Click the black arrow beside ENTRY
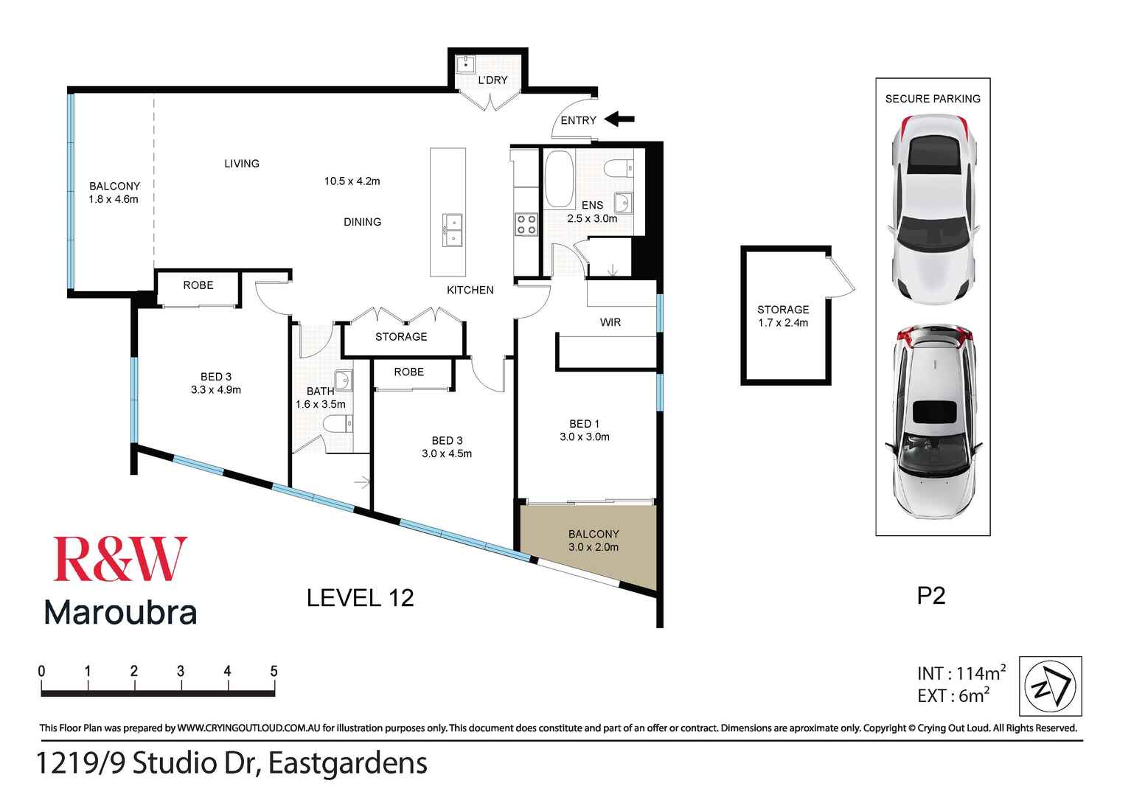pyautogui.click(x=619, y=119)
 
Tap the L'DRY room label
pyautogui.click(x=493, y=80)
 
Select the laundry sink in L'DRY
pyautogui.click(x=466, y=64)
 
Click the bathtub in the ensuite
pyautogui.click(x=559, y=179)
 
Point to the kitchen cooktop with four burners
pyautogui.click(x=526, y=224)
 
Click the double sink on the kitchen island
pyautogui.click(x=452, y=229)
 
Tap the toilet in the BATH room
pyautogui.click(x=339, y=424)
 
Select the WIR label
pyautogui.click(x=610, y=322)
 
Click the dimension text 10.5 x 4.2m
pyautogui.click(x=352, y=181)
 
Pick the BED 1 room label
pyautogui.click(x=584, y=424)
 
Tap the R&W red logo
pyautogui.click(x=120, y=560)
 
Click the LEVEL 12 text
pyautogui.click(x=360, y=597)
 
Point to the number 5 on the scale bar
pyautogui.click(x=274, y=671)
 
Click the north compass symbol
pyautogui.click(x=1051, y=686)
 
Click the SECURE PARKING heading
pyautogui.click(x=933, y=99)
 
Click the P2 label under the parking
pyautogui.click(x=931, y=596)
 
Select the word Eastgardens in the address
pyautogui.click(x=347, y=763)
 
